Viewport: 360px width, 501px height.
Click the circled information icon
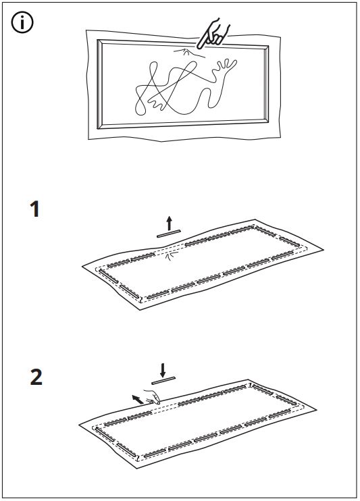click(x=22, y=22)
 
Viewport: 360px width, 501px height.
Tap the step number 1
click(x=35, y=209)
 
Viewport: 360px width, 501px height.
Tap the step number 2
click(x=36, y=377)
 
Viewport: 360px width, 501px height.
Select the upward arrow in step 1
click(x=169, y=223)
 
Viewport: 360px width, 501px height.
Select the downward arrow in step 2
click(x=163, y=370)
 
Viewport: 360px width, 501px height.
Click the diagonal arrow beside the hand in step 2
click(x=138, y=399)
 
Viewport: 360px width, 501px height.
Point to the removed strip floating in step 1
click(x=169, y=234)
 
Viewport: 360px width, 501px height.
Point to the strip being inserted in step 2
click(x=163, y=380)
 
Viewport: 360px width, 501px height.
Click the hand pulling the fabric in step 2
click(x=153, y=397)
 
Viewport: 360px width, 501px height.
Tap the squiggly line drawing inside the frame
click(x=186, y=87)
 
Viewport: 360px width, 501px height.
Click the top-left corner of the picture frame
click(x=97, y=40)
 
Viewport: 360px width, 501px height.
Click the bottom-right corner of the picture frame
click(x=268, y=123)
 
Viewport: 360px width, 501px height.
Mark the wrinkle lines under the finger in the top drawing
click(x=188, y=53)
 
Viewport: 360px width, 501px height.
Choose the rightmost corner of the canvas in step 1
click(x=324, y=250)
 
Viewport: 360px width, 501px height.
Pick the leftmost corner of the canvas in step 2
click(x=79, y=425)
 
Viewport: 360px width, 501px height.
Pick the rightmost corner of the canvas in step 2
click(x=317, y=409)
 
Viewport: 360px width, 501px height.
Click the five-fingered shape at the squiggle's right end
click(x=226, y=66)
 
